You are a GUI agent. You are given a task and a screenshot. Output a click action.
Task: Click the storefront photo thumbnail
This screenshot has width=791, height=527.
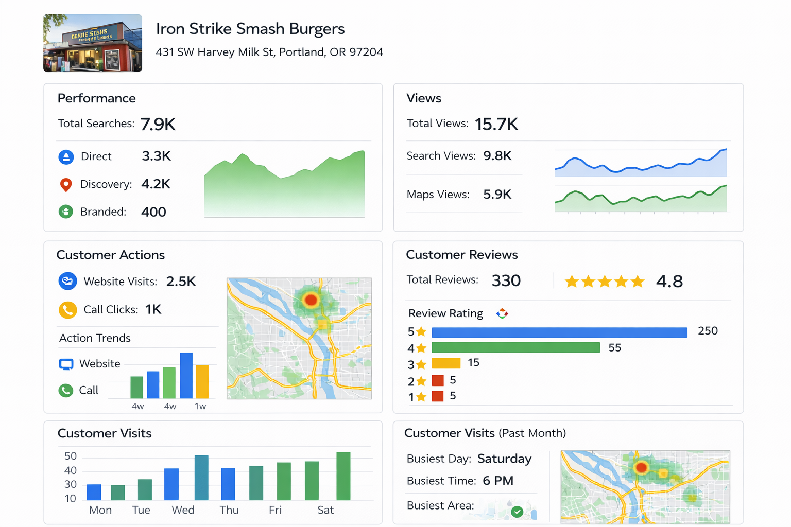tap(93, 43)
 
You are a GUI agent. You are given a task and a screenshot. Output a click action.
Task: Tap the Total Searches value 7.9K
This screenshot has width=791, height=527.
tap(158, 124)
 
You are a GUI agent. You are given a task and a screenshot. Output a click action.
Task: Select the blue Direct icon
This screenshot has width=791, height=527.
tap(66, 157)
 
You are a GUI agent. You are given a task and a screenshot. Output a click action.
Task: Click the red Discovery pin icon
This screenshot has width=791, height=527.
tap(66, 184)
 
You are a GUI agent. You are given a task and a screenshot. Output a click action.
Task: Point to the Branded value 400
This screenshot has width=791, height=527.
tap(153, 212)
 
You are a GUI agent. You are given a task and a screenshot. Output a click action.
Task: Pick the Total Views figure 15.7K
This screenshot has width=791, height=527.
tap(496, 124)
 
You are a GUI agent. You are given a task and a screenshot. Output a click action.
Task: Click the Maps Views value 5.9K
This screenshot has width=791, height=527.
tap(497, 195)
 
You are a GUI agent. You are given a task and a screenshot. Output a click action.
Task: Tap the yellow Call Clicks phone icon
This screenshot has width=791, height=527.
tap(67, 310)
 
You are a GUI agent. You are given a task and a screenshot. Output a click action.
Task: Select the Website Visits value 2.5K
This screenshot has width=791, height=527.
tap(181, 282)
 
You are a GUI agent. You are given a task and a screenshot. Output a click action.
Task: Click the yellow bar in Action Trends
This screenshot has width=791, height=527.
tap(202, 381)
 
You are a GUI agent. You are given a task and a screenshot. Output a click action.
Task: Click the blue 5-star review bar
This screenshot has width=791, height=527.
tap(559, 332)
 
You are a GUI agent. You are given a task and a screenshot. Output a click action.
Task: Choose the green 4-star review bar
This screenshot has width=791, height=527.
tap(515, 348)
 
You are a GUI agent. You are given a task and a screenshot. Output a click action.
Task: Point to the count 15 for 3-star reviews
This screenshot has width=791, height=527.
tap(473, 363)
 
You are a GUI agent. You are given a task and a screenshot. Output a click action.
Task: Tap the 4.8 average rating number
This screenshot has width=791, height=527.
tap(669, 282)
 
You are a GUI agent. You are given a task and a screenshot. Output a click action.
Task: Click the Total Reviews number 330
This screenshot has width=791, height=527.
tap(506, 281)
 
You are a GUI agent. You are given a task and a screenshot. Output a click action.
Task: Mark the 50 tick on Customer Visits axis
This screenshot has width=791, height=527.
tap(71, 456)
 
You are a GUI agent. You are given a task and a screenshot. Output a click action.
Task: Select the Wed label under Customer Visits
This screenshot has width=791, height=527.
tap(183, 510)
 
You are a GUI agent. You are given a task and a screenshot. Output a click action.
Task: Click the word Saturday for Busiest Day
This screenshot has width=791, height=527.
tap(504, 459)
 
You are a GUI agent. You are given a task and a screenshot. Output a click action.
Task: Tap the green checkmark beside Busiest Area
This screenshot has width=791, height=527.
tap(517, 512)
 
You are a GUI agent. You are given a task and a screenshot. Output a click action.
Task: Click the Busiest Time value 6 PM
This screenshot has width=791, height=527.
tap(498, 481)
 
